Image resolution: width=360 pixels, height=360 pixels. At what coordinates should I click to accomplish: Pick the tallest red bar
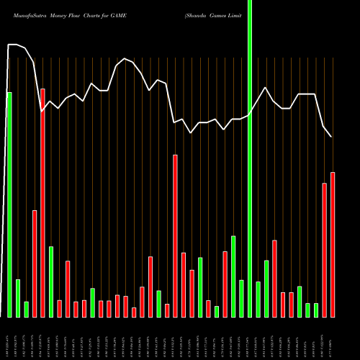point(42,202)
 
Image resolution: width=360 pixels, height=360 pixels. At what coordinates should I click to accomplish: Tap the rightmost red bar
point(333,245)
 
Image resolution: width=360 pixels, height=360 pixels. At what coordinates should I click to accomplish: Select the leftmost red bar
point(35,264)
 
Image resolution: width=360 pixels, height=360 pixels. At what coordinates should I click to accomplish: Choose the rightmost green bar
point(316,310)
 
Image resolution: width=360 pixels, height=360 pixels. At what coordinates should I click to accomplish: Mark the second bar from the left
point(18,298)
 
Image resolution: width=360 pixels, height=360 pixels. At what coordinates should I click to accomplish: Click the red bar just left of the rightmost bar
point(325,250)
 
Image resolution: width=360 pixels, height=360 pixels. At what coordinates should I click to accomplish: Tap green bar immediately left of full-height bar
point(242,298)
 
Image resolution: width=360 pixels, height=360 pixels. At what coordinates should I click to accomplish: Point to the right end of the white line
point(332,137)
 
